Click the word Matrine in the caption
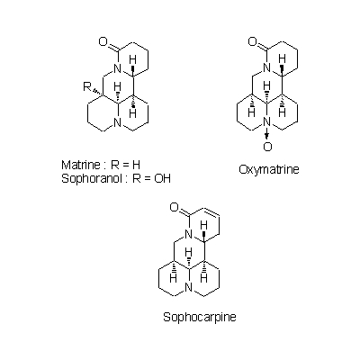(x=81, y=165)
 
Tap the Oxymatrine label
(x=269, y=170)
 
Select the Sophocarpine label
(x=200, y=317)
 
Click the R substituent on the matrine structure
(x=87, y=87)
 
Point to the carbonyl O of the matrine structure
(x=103, y=42)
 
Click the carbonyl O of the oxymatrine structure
(x=253, y=42)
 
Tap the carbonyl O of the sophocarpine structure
(x=175, y=207)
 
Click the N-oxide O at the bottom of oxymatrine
(x=267, y=147)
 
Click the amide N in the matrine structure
(x=118, y=69)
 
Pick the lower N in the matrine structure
(x=118, y=122)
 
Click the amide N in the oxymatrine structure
(x=267, y=69)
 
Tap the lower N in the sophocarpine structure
(x=188, y=288)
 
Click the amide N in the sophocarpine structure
(x=188, y=234)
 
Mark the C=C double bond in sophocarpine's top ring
(x=211, y=211)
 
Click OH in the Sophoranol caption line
(x=162, y=178)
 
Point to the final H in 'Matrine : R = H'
(x=136, y=165)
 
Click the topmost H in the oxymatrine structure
(x=282, y=58)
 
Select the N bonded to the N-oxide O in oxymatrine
(x=267, y=122)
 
